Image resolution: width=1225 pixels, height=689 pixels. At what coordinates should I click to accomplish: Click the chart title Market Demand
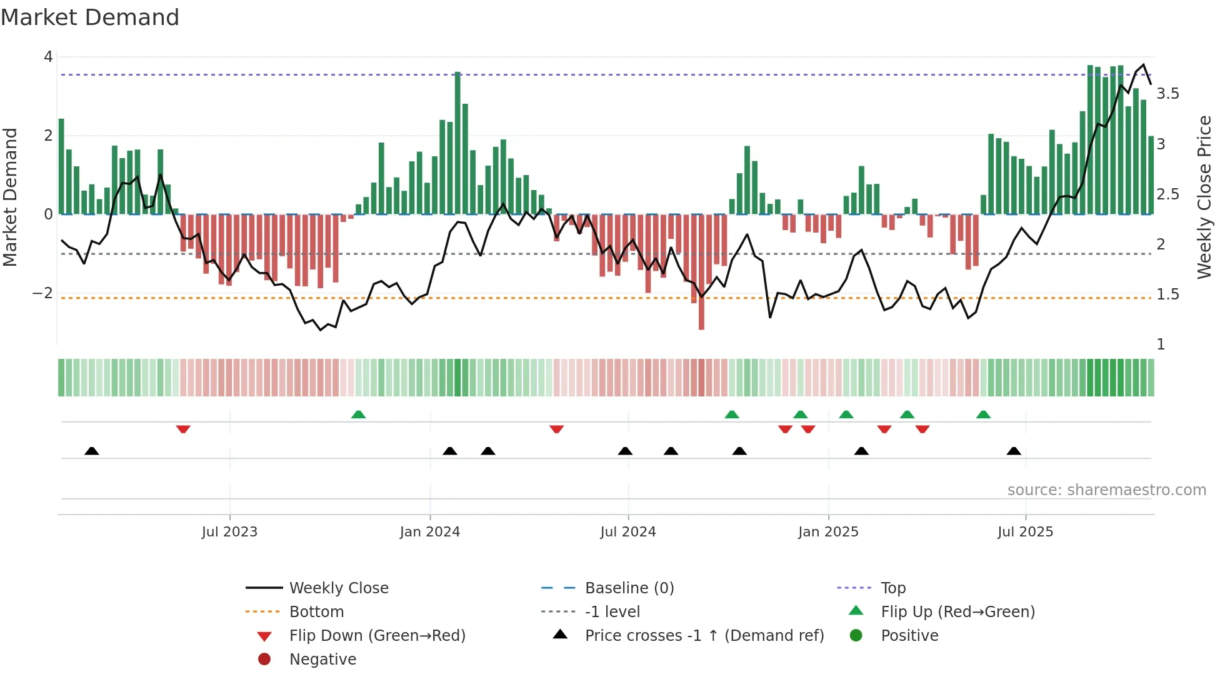point(90,18)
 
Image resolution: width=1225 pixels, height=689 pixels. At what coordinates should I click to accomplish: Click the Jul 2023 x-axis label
point(229,532)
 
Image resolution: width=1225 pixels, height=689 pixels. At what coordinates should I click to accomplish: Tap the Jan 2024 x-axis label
point(430,532)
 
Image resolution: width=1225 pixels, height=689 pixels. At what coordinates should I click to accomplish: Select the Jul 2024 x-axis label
point(628,532)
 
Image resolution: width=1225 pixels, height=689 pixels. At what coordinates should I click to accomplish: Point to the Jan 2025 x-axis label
point(828,532)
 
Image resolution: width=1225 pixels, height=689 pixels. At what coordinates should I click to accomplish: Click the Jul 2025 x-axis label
point(1025,532)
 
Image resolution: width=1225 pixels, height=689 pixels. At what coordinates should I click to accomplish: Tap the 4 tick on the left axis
point(48,57)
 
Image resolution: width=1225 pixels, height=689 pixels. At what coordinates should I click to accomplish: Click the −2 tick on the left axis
point(42,293)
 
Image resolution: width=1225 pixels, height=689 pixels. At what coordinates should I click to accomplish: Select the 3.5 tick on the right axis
point(1167,94)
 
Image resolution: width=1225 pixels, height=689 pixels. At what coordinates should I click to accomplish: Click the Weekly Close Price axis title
point(1204,197)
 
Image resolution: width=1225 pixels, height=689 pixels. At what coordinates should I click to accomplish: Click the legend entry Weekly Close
point(339,588)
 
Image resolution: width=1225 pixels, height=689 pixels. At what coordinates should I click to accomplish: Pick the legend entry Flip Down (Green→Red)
point(377,636)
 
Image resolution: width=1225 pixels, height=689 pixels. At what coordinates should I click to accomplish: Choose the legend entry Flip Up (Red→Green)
point(957,612)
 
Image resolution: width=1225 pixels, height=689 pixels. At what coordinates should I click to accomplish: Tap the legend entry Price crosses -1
point(704,636)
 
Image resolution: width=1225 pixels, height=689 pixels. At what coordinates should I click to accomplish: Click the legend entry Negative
point(322,660)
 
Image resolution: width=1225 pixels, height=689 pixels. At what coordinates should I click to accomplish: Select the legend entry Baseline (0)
point(629,588)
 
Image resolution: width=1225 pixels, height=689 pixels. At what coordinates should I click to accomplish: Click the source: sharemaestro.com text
point(1106,490)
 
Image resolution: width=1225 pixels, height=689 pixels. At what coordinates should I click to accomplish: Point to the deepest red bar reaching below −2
point(701,275)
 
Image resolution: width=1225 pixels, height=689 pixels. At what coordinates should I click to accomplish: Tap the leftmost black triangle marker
point(92,451)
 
